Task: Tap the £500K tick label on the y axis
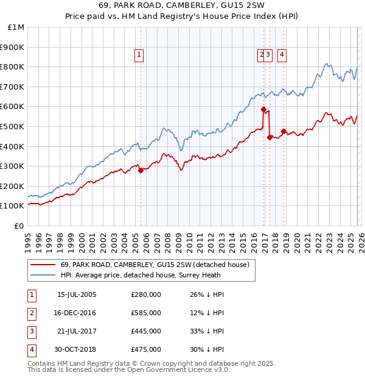pyautogui.click(x=12, y=126)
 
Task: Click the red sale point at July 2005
pyautogui.click(x=141, y=171)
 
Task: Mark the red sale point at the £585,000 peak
pyautogui.click(x=263, y=110)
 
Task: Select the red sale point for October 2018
pyautogui.click(x=283, y=131)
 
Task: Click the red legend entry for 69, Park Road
pyautogui.click(x=155, y=265)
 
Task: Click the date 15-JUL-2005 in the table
pyautogui.click(x=77, y=294)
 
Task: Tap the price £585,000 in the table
pyautogui.click(x=146, y=313)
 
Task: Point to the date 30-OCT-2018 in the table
pyautogui.click(x=77, y=349)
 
